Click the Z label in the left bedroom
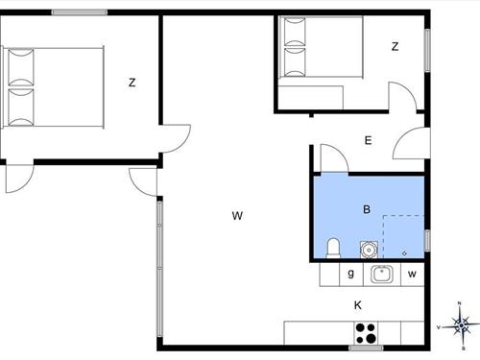132,83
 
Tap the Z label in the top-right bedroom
395,46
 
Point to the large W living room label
236,216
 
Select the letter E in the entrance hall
368,141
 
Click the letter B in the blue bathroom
366,208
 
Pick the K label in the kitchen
358,305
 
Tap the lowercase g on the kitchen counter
351,274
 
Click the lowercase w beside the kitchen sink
412,274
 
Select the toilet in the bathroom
332,248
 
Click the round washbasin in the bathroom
368,250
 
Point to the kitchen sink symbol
382,275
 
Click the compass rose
462,325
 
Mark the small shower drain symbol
404,252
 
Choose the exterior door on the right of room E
411,144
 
